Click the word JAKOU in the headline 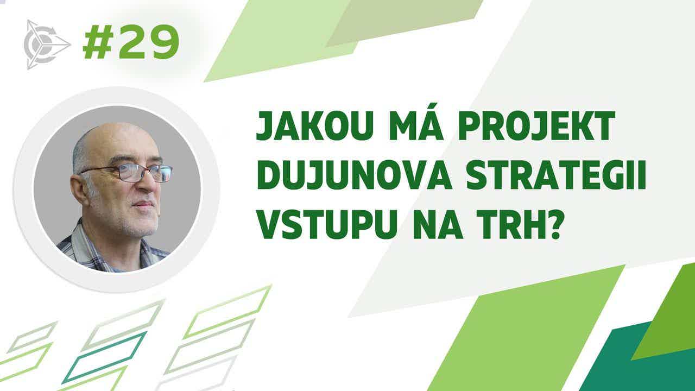point(314,125)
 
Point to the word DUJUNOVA point(354,175)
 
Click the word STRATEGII point(556,175)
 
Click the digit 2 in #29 point(131,42)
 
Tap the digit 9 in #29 point(163,42)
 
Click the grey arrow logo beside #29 point(46,45)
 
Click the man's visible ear point(79,190)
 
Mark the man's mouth point(143,204)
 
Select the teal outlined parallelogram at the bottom point(104,357)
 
